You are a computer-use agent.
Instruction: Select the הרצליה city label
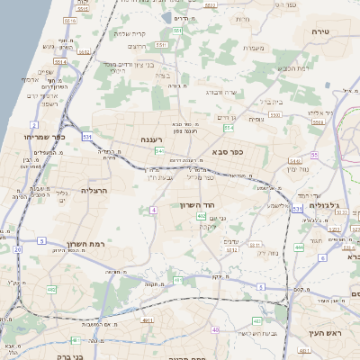94,191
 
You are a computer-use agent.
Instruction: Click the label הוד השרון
214,206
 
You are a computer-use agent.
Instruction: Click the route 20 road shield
16,248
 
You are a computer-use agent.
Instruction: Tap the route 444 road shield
299,247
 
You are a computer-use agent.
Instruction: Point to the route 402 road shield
202,216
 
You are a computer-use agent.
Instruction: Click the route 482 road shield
52,289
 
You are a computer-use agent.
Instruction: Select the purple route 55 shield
315,155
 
